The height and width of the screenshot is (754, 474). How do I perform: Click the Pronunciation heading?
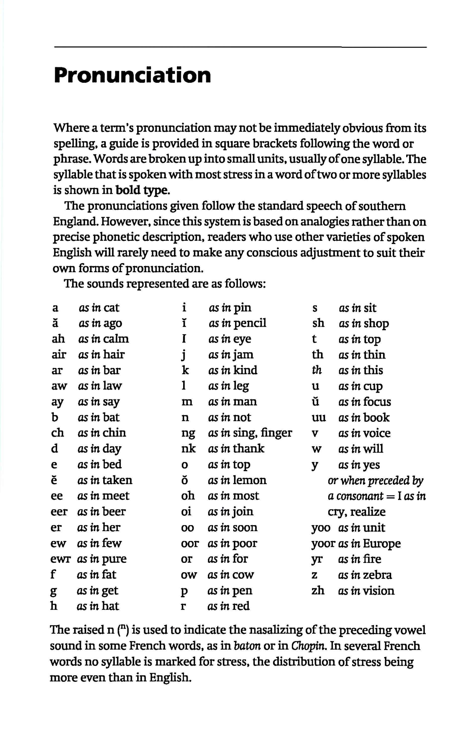(132, 75)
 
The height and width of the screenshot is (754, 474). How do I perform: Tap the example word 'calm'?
(116, 339)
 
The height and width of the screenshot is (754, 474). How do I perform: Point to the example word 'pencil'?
(250, 323)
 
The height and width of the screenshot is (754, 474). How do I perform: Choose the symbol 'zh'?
(318, 590)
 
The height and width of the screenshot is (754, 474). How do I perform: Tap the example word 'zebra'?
(378, 575)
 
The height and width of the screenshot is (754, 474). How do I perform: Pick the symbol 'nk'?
(188, 449)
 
